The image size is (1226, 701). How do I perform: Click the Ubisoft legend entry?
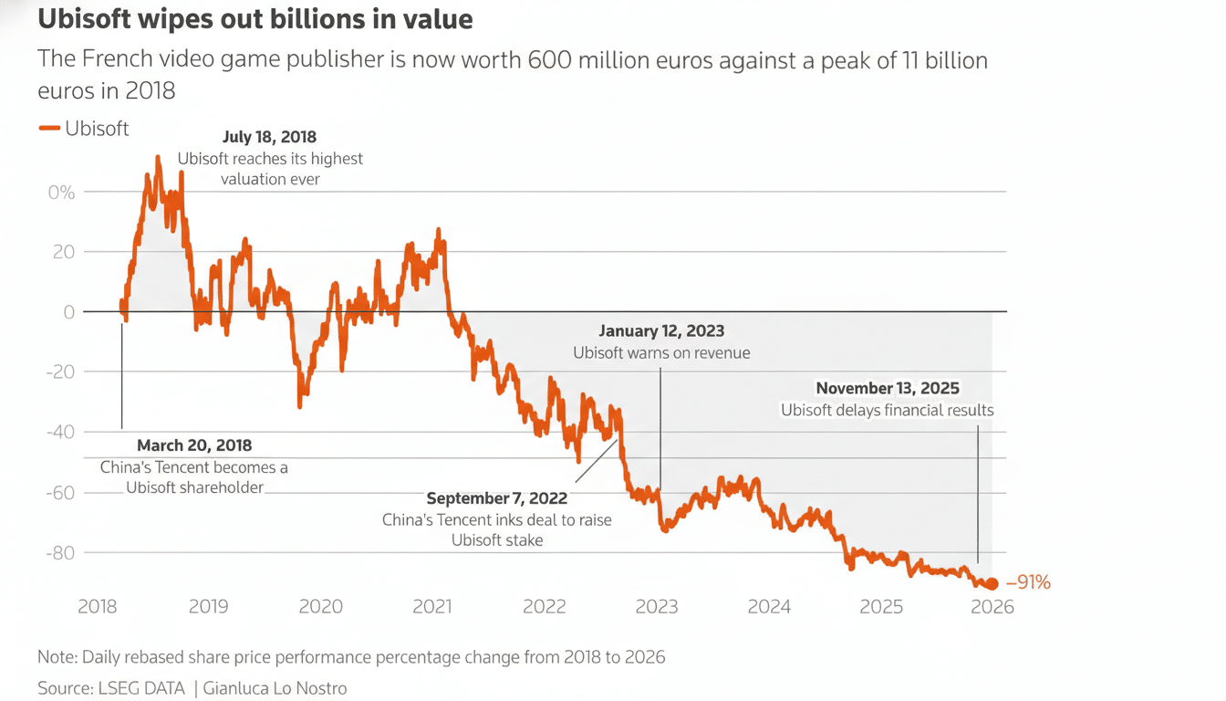[84, 129]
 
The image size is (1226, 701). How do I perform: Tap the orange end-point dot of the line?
[992, 583]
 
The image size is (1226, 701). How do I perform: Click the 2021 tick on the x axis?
[432, 607]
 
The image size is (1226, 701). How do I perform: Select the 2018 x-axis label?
[97, 607]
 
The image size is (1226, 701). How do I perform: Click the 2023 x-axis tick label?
[657, 607]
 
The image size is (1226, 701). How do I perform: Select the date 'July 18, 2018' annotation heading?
[269, 138]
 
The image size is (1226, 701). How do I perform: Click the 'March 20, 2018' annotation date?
[194, 445]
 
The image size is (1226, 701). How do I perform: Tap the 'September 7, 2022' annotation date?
[497, 498]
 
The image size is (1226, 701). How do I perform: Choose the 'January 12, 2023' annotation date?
[661, 330]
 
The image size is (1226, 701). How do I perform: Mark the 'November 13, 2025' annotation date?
[888, 389]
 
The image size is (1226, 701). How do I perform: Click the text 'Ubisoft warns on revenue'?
[661, 352]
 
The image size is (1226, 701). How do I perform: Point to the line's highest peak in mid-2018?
[158, 158]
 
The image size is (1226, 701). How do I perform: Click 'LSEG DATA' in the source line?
[140, 688]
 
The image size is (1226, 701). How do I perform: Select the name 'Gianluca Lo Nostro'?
[274, 688]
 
